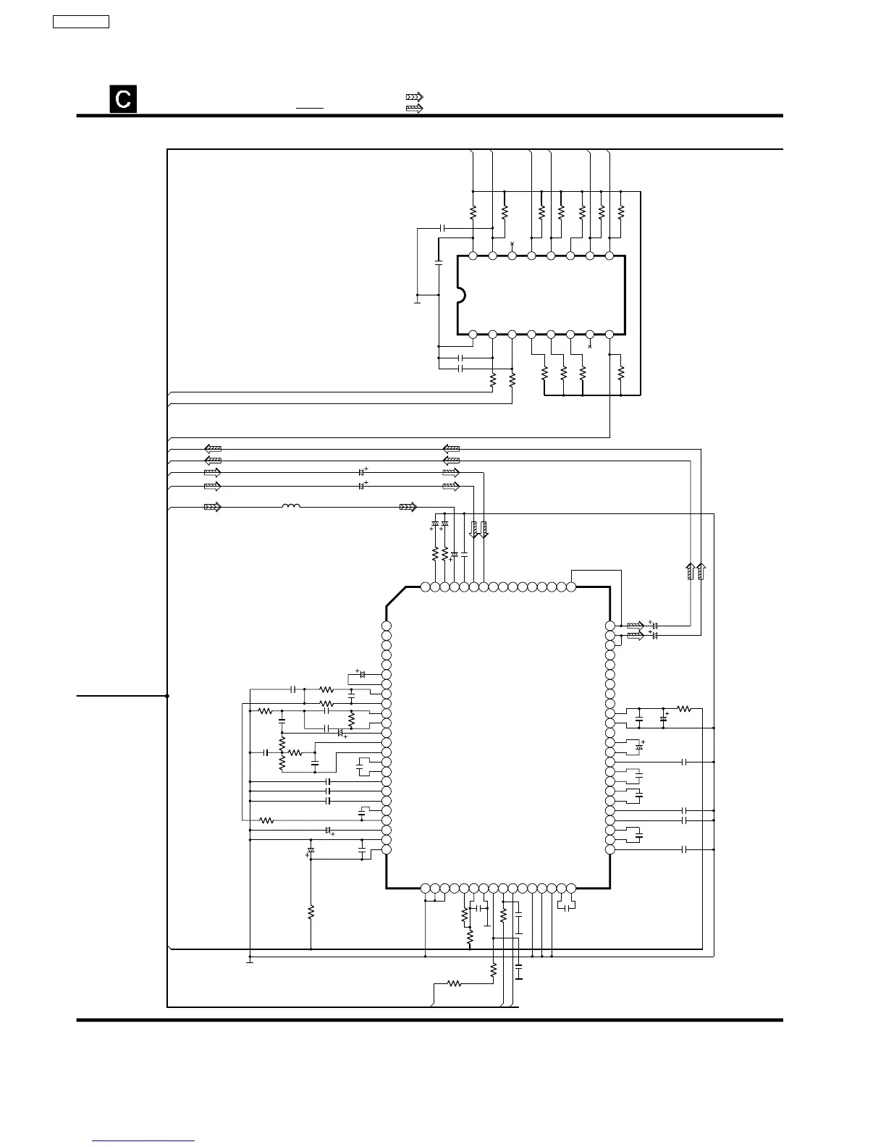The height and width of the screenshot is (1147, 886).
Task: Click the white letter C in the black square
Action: click(123, 99)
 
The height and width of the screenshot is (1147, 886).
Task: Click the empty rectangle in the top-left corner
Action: click(81, 21)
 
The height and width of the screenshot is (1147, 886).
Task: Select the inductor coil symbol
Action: click(290, 507)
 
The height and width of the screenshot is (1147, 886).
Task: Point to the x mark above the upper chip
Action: click(512, 244)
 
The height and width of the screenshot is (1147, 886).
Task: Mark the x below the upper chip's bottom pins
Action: click(590, 346)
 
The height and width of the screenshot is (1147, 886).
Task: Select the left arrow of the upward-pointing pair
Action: click(691, 571)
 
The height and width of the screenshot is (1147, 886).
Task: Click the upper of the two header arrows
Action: click(414, 96)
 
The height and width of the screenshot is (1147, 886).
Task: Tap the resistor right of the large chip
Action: click(684, 708)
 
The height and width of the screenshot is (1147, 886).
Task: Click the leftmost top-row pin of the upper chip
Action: click(473, 256)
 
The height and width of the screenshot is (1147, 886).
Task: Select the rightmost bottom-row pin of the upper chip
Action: click(609, 334)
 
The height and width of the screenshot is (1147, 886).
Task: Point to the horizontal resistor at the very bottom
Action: click(454, 983)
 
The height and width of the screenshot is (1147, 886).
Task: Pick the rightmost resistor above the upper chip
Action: click(620, 212)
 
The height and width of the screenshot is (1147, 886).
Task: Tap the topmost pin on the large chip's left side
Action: click(386, 626)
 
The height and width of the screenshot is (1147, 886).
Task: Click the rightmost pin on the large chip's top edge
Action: click(570, 587)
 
